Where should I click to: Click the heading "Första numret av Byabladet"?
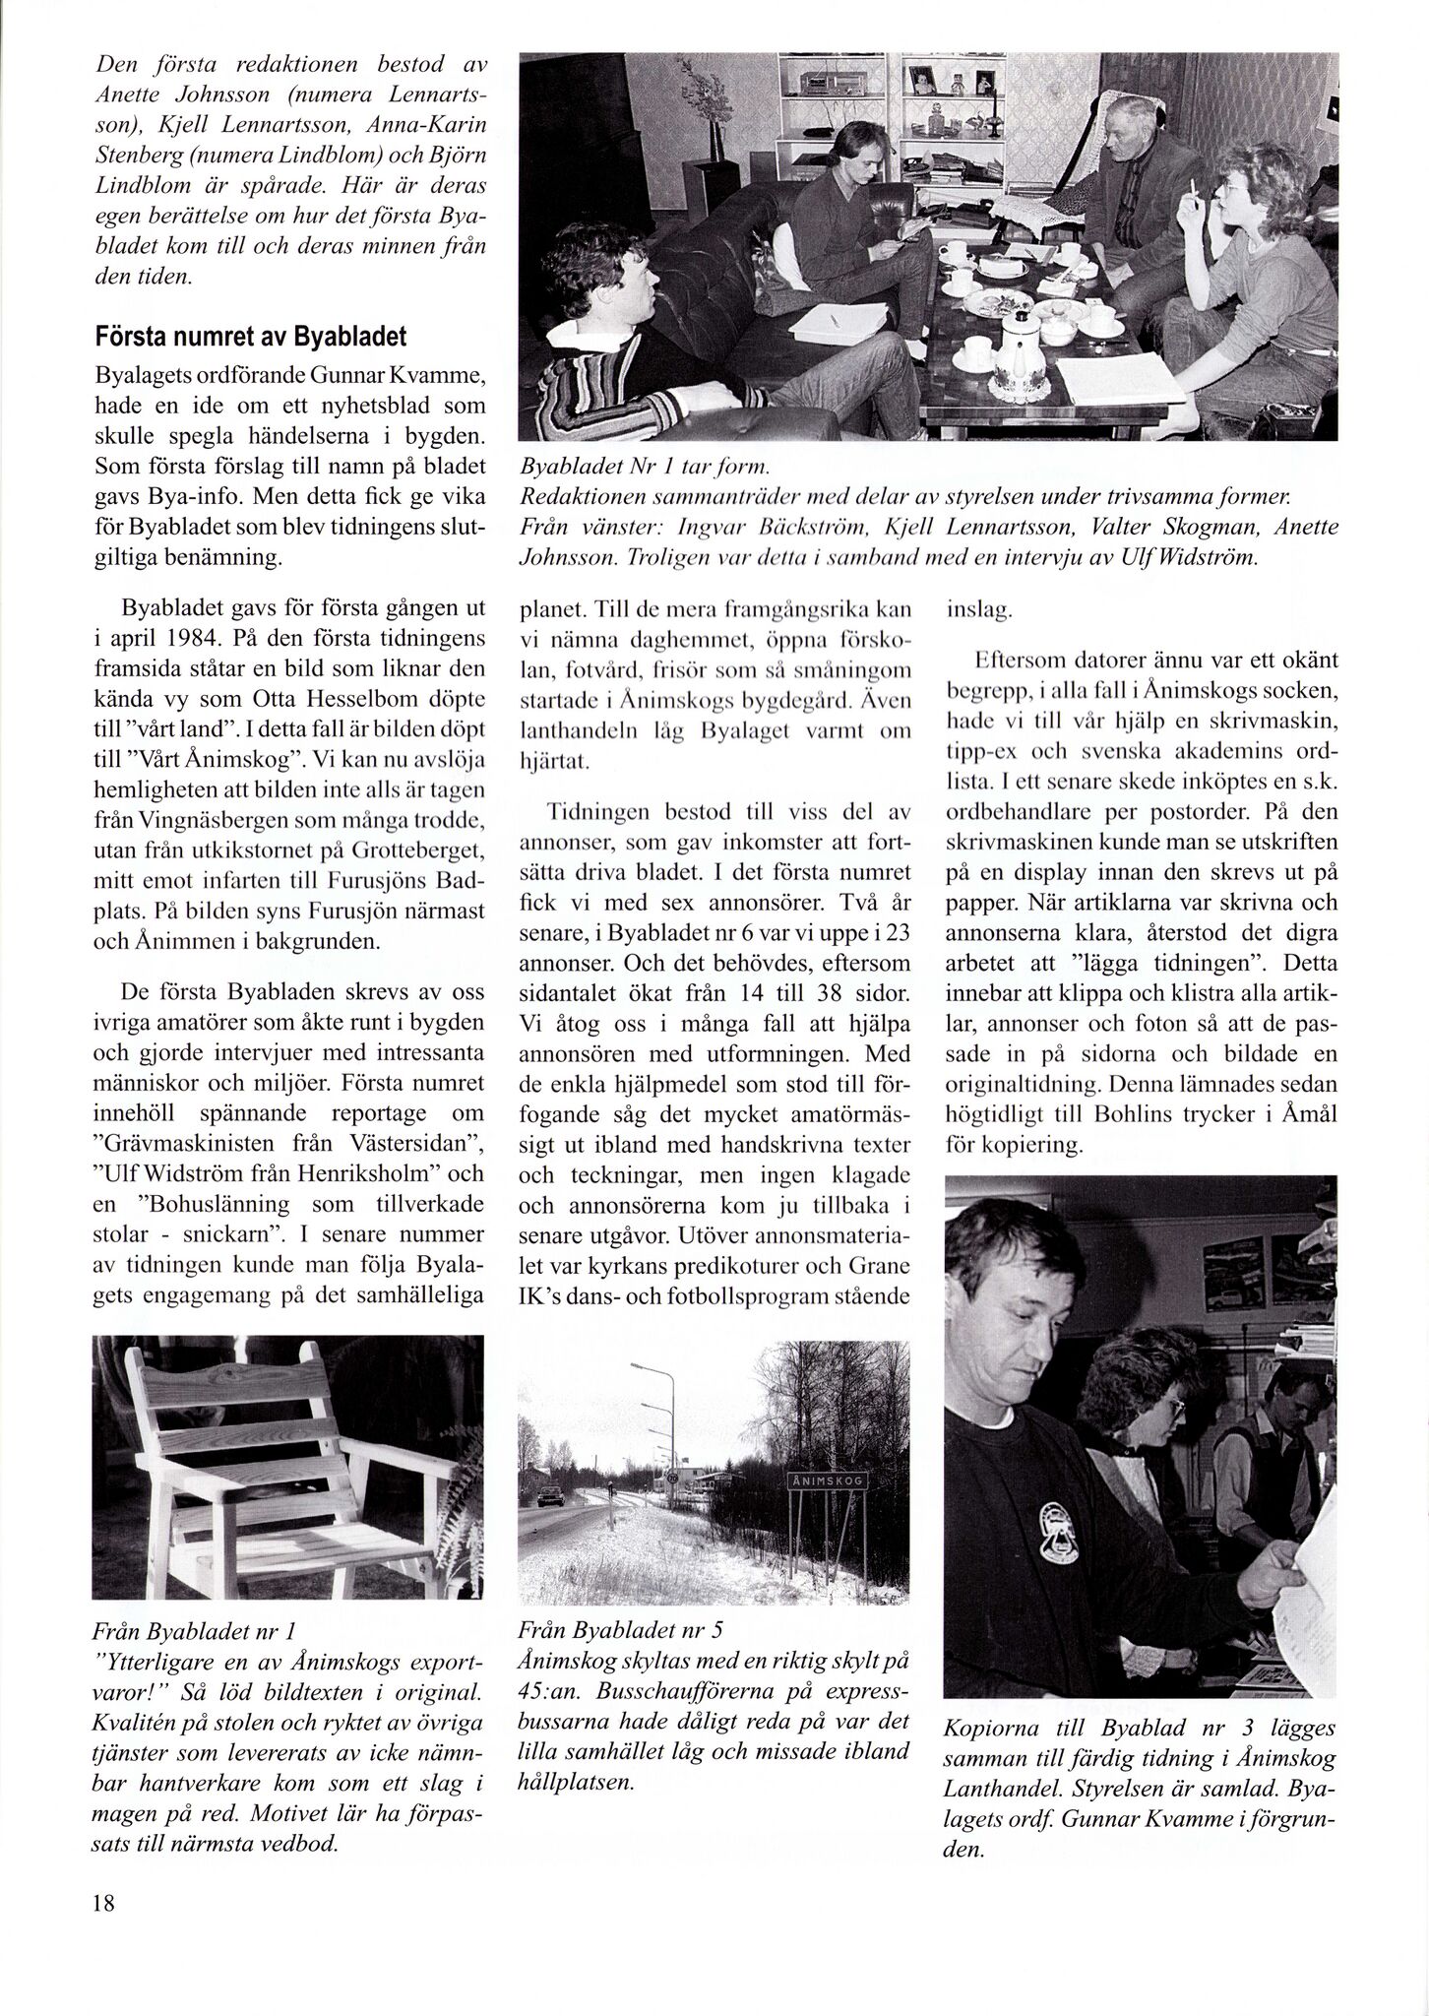pos(250,336)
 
